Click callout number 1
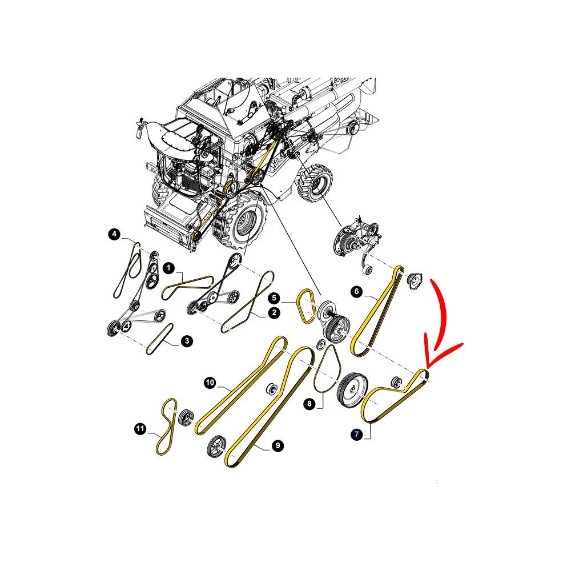point(168,268)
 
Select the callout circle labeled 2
point(274,313)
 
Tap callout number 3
point(187,341)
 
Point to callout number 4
point(114,234)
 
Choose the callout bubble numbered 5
point(274,298)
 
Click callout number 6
point(356,291)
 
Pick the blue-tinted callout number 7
point(356,434)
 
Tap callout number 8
point(309,404)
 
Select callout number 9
point(278,445)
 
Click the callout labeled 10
point(210,383)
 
